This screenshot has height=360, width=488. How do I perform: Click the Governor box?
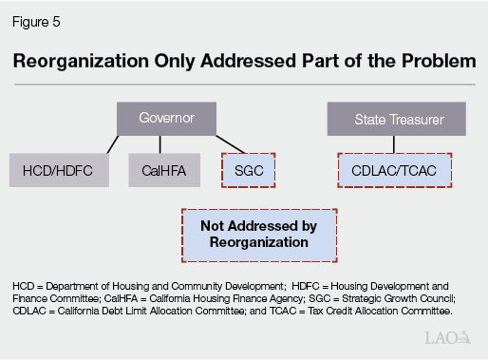click(x=166, y=120)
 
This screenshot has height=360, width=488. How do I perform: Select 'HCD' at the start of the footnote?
click(x=24, y=285)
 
